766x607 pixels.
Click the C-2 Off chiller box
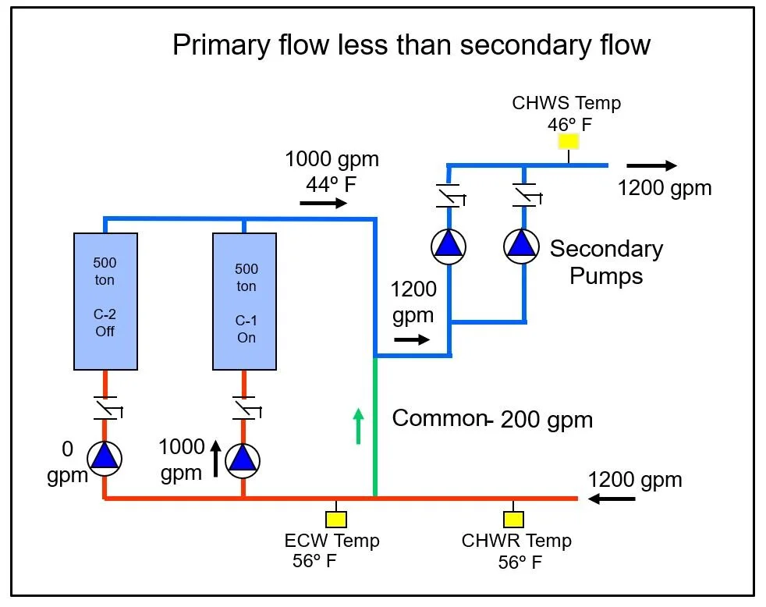point(105,300)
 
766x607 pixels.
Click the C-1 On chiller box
point(244,300)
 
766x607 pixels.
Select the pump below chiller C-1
point(243,459)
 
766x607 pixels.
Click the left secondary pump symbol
point(449,245)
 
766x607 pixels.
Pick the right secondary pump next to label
point(522,245)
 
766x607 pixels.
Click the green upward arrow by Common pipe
point(358,426)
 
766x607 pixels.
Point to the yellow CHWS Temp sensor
point(568,141)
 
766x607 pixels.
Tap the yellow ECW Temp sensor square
point(336,519)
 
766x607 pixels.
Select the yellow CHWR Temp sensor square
point(513,519)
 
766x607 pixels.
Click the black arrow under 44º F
point(323,203)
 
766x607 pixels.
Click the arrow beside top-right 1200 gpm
point(651,165)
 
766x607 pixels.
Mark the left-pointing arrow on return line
point(612,499)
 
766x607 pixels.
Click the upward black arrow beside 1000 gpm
point(216,459)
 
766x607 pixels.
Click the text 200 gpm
point(546,420)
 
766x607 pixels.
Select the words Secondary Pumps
point(606,262)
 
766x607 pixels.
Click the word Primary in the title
point(219,44)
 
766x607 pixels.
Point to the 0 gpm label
point(67,463)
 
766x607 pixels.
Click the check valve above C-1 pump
point(244,408)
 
